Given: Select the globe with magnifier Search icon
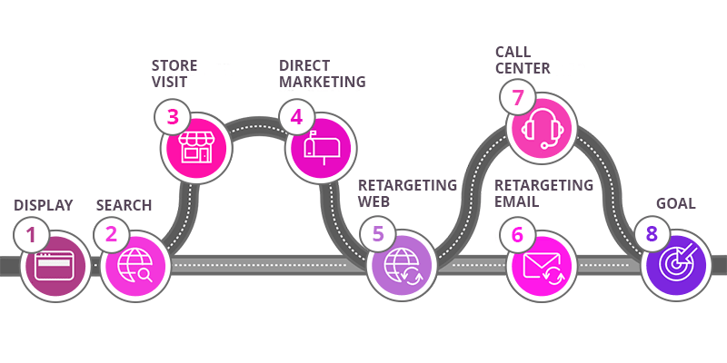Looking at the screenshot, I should click(x=134, y=267).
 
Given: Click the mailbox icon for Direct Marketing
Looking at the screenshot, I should click(x=320, y=145).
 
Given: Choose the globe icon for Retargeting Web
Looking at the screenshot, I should click(x=402, y=267).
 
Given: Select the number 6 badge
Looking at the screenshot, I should click(x=517, y=235).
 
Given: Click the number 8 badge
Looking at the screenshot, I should click(x=651, y=235).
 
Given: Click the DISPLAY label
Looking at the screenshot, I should click(x=43, y=204).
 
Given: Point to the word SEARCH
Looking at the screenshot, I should click(x=124, y=204).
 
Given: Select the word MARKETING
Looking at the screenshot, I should click(x=322, y=82).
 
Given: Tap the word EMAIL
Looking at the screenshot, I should click(x=517, y=201).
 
